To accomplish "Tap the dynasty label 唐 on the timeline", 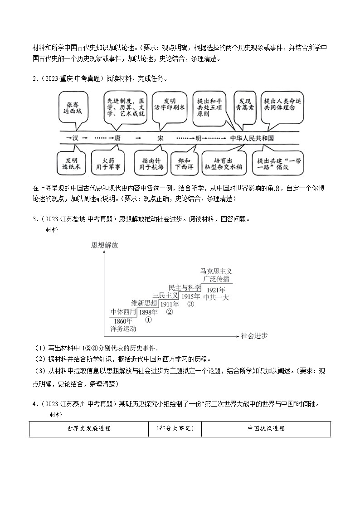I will pyautogui.click(x=117, y=138).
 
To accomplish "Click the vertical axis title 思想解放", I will pyautogui.click(x=104, y=245).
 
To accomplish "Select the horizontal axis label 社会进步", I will pyautogui.click(x=254, y=336).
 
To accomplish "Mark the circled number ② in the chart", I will pyautogui.click(x=169, y=312).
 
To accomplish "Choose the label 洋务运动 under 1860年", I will pyautogui.click(x=123, y=329).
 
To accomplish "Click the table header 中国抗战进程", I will pyautogui.click(x=266, y=429).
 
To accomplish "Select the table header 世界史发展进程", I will pyautogui.click(x=89, y=429).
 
